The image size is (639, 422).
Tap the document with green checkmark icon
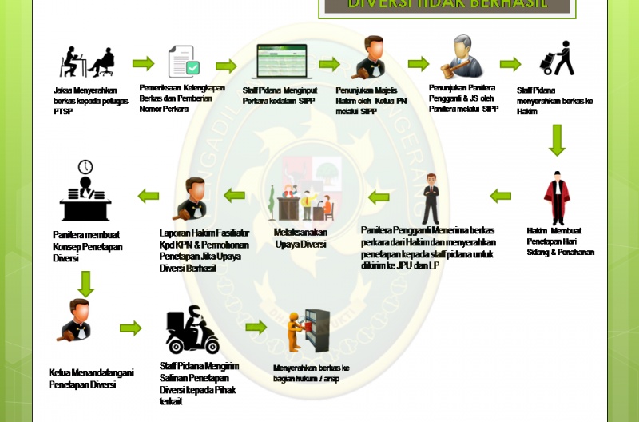click(x=184, y=62)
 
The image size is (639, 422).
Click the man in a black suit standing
click(x=431, y=198)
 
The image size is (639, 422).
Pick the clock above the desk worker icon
click(x=85, y=167)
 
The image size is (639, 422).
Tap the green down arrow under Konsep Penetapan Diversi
click(x=85, y=283)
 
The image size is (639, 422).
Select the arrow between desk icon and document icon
click(x=143, y=64)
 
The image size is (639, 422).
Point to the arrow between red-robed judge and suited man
click(x=500, y=195)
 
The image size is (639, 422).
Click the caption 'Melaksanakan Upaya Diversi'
click(x=300, y=238)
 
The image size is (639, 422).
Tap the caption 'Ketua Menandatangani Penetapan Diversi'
click(x=91, y=378)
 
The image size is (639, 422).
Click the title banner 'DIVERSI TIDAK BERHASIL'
click(x=447, y=5)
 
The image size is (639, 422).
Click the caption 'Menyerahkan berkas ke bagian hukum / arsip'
click(x=312, y=372)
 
